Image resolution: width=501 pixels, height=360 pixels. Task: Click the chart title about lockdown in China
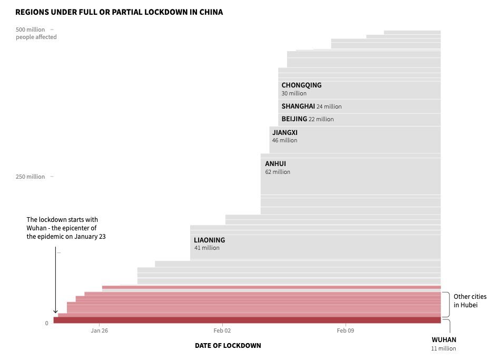(x=119, y=12)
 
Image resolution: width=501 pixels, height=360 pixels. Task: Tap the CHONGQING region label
(x=301, y=85)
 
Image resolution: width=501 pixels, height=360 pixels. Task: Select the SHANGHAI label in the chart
(x=298, y=106)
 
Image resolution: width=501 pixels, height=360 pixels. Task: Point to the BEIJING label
(x=294, y=119)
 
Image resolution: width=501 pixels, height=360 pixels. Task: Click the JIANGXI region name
(x=284, y=133)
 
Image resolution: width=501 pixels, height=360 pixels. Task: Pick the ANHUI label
(x=276, y=164)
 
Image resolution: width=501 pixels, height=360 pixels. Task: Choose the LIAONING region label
(x=209, y=240)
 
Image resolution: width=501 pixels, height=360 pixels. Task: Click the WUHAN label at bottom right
(x=444, y=340)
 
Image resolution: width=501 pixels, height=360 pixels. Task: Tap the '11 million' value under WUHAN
(x=444, y=349)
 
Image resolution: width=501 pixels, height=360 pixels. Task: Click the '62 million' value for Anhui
(x=278, y=172)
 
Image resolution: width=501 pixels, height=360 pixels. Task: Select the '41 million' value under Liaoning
(x=207, y=248)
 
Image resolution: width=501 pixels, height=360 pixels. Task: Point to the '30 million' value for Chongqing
(x=294, y=94)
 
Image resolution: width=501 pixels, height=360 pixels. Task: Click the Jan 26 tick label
(x=99, y=331)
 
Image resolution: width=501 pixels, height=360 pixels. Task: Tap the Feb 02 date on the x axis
(x=222, y=331)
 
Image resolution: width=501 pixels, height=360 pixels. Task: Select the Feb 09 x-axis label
(x=345, y=331)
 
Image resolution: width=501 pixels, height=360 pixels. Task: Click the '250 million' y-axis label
(x=31, y=177)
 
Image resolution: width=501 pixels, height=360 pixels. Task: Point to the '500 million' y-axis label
(x=31, y=30)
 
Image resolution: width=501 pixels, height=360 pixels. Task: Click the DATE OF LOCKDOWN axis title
(x=228, y=346)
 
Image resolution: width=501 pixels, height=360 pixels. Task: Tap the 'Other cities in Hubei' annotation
(x=470, y=301)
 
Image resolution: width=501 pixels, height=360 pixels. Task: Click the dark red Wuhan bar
(x=247, y=320)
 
